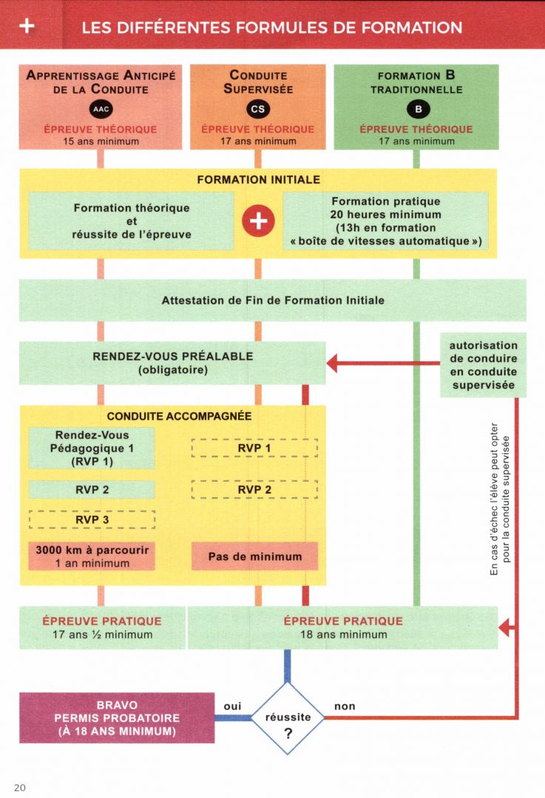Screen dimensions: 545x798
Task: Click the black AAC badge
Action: click(101, 109)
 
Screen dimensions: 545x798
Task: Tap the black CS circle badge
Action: click(258, 109)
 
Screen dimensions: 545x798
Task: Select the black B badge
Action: click(418, 109)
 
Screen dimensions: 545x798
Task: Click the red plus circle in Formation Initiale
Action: click(258, 221)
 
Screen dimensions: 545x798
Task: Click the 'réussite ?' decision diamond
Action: click(288, 717)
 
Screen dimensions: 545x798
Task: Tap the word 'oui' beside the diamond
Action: click(232, 706)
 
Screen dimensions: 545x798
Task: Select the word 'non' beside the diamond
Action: click(345, 706)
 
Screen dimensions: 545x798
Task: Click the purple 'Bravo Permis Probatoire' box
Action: click(117, 717)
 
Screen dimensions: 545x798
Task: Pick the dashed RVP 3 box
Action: click(92, 519)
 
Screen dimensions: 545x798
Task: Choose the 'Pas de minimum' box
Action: click(254, 556)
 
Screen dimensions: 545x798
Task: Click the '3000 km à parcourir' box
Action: click(92, 556)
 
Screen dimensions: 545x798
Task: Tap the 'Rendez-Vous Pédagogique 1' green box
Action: click(92, 448)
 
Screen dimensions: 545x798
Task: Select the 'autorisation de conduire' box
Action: click(483, 365)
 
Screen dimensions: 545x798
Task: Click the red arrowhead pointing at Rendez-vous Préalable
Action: click(331, 364)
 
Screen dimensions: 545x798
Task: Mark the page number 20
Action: click(20, 788)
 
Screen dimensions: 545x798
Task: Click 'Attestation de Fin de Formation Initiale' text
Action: click(273, 300)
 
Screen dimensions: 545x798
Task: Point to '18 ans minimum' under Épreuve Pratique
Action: click(344, 635)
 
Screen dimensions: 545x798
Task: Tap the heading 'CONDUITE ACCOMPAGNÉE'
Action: click(179, 416)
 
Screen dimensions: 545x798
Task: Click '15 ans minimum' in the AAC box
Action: click(101, 141)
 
